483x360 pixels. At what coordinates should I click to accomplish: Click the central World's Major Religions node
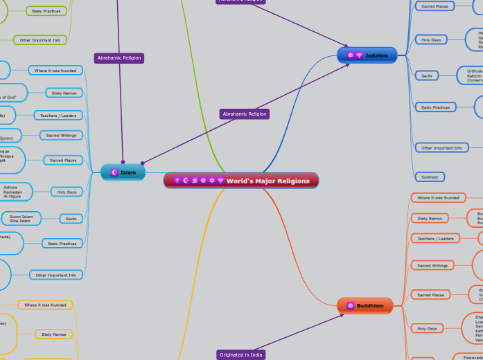[241, 181]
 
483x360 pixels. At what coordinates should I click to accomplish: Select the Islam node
[123, 172]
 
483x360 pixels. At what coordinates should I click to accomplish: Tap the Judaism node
[367, 55]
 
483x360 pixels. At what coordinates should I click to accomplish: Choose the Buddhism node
[365, 305]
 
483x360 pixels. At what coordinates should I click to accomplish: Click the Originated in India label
[241, 354]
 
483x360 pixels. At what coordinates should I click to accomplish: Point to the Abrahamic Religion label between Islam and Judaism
[245, 114]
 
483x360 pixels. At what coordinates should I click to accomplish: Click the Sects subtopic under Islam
[71, 219]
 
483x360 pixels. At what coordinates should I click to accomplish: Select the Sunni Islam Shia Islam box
[20, 219]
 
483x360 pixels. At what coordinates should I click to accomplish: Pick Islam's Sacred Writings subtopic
[61, 135]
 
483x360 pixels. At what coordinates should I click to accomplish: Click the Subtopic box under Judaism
[430, 177]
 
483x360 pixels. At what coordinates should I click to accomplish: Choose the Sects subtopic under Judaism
[425, 75]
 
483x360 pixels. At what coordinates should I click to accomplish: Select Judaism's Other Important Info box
[441, 147]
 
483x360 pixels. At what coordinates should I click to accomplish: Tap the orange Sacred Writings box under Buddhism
[432, 265]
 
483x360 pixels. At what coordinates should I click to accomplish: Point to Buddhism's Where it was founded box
[438, 198]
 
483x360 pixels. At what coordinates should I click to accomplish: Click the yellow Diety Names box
[54, 334]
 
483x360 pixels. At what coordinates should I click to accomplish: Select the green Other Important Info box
[39, 40]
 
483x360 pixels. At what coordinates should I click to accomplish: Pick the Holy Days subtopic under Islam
[67, 192]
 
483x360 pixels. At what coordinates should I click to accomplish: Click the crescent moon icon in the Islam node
[114, 172]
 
